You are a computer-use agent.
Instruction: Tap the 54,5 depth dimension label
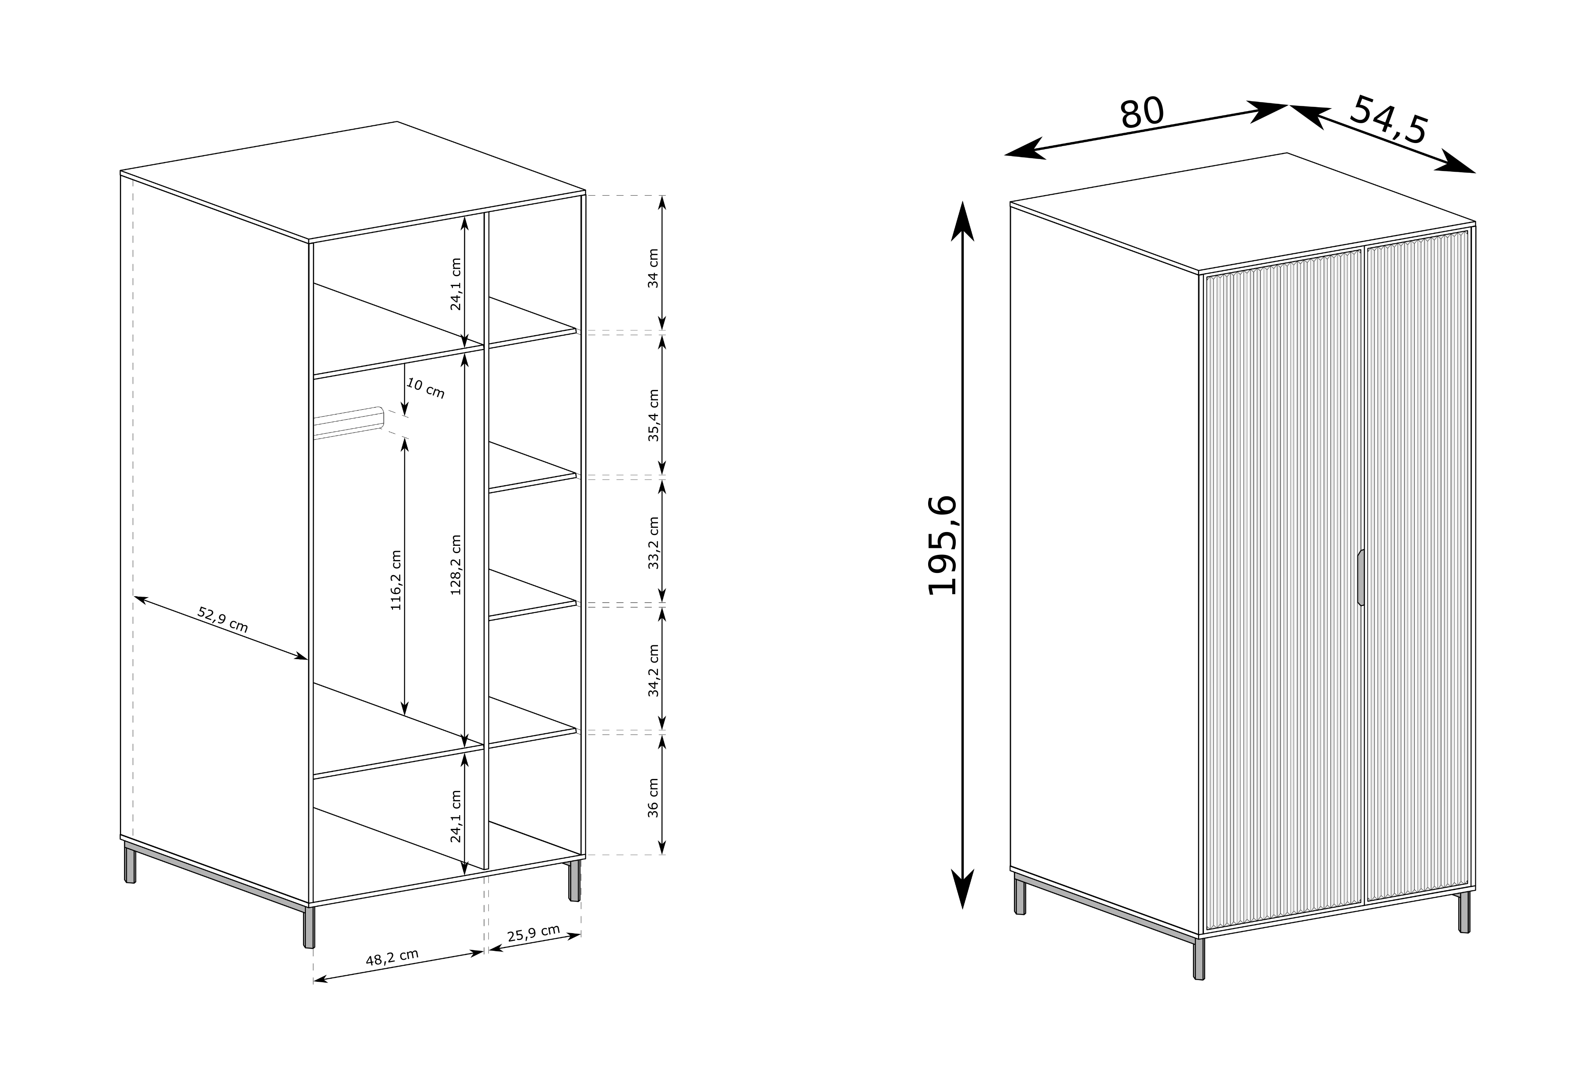click(1389, 120)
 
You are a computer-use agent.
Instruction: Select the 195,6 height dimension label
click(942, 545)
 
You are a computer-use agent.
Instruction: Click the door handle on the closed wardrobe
click(1360, 577)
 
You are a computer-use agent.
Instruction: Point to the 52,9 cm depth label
click(222, 620)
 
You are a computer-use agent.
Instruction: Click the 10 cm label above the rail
click(426, 389)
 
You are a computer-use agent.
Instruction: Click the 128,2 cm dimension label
click(456, 564)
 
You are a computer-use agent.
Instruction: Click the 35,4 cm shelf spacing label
click(653, 415)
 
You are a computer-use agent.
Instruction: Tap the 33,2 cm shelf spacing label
click(653, 543)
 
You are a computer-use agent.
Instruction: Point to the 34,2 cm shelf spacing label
click(653, 671)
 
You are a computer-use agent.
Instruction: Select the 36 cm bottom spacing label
click(653, 797)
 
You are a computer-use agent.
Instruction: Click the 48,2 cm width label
click(392, 958)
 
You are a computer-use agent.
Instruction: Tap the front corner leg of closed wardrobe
click(1199, 958)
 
